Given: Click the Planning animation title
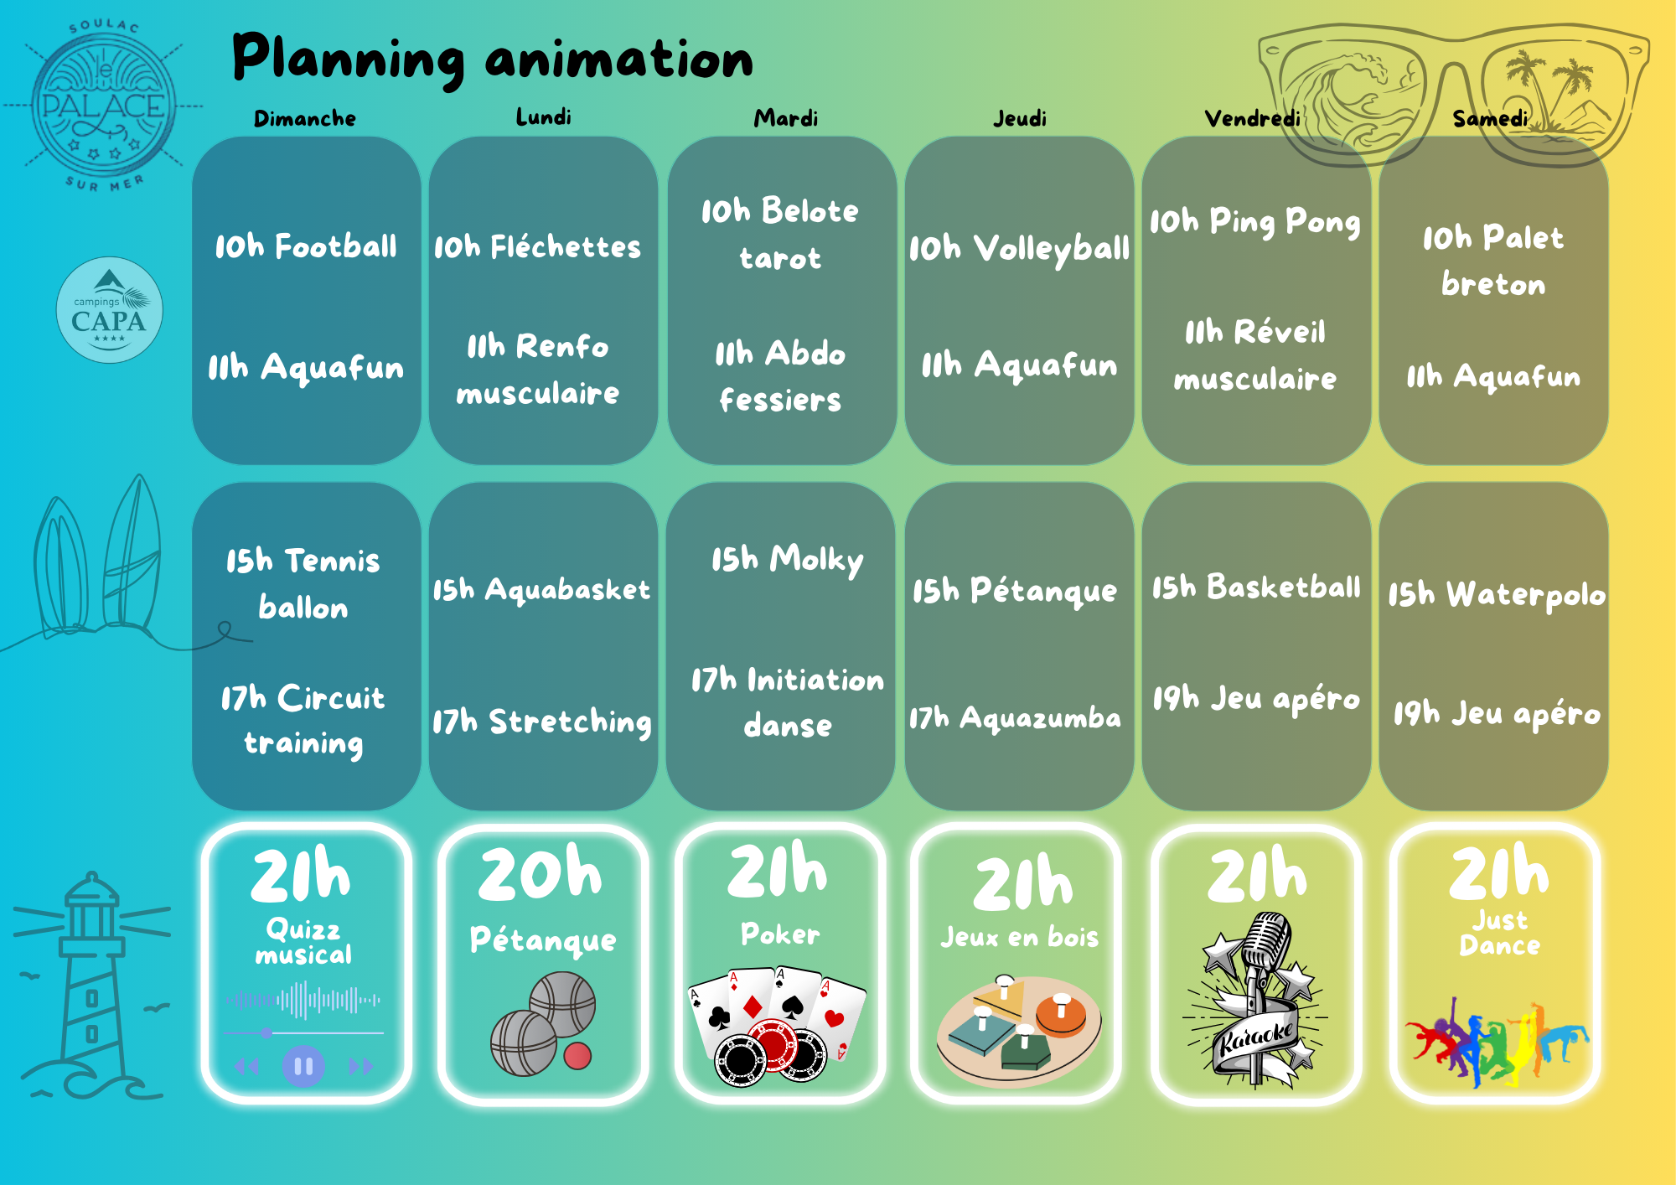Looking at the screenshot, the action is (x=493, y=59).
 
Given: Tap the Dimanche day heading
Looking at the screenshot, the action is (x=305, y=118).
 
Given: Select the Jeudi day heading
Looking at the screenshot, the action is (x=1020, y=118).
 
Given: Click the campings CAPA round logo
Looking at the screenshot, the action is (x=109, y=310).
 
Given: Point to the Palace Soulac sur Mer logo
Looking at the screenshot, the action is (x=104, y=106).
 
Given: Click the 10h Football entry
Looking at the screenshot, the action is (x=306, y=246).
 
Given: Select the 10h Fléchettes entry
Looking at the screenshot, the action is (x=537, y=246).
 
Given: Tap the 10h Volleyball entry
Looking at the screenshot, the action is (x=1020, y=249).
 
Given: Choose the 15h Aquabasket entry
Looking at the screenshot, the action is (x=541, y=589).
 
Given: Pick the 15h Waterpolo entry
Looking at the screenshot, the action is (x=1497, y=595).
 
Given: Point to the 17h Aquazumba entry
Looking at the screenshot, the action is (x=1015, y=718).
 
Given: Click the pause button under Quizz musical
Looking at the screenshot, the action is (x=303, y=1066).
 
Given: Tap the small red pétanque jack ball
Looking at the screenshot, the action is (x=577, y=1056).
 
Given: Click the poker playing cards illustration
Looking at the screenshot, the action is (x=776, y=1027).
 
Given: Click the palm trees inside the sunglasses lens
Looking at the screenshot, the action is (x=1550, y=84).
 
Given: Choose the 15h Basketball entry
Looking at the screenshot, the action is (x=1256, y=587).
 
